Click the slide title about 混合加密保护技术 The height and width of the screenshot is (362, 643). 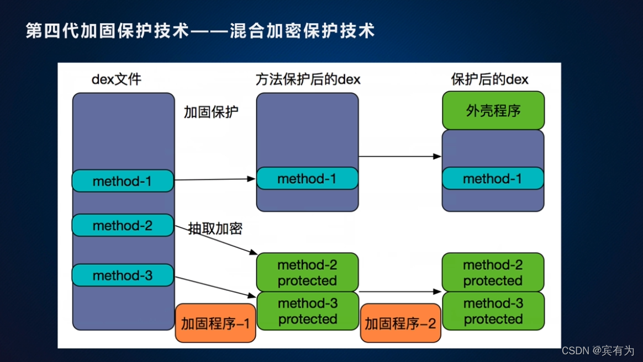201,30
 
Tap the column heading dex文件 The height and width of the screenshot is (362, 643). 117,79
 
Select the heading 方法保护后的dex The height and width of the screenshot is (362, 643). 308,79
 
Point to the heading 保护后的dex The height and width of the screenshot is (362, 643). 489,79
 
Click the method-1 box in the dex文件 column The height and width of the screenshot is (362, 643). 123,181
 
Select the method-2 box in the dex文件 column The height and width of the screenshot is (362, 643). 123,225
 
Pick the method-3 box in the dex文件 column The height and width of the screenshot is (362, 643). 123,275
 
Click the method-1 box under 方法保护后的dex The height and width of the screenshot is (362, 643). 307,179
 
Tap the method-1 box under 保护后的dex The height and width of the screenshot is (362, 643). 493,179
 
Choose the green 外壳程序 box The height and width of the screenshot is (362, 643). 493,111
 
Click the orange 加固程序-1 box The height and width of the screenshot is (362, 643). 215,323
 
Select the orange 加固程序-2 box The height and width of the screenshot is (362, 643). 400,323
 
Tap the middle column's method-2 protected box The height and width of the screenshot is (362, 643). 307,273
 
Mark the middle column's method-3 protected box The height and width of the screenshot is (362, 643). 308,311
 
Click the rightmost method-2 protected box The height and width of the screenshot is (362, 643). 493,273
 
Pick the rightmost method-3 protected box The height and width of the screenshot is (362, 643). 493,311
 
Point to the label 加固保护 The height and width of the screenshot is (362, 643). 211,112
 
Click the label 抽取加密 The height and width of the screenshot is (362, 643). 215,228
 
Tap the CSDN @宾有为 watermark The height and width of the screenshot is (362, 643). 598,350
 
